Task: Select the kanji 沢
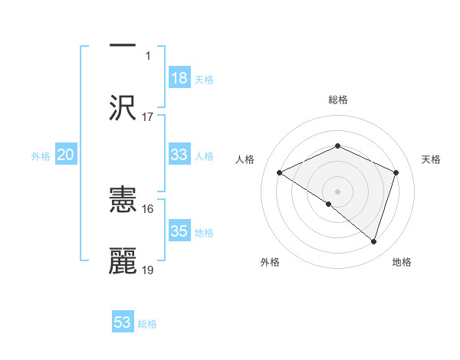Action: (123, 108)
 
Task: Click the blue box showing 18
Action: (179, 78)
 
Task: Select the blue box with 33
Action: (179, 155)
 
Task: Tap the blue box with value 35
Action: (179, 231)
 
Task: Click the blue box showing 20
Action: (66, 155)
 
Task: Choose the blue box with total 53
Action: (123, 322)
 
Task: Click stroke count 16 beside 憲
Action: (148, 208)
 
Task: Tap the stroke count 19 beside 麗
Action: (148, 270)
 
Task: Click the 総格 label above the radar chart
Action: (337, 100)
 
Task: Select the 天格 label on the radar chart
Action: (431, 159)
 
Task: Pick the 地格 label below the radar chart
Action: (402, 262)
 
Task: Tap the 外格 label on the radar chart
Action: (270, 262)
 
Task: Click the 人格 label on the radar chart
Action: (245, 159)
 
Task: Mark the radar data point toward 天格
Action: (396, 172)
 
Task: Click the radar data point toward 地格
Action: (373, 242)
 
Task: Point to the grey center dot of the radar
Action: (337, 191)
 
